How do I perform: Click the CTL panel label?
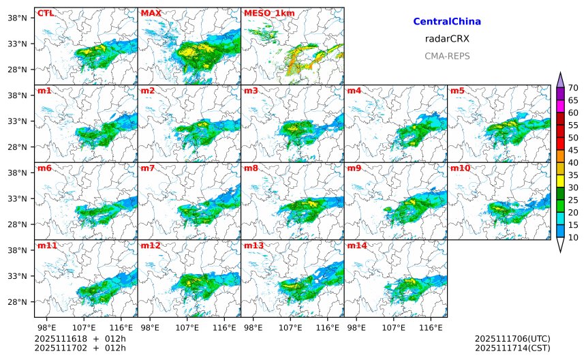tap(46, 13)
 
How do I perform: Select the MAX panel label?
tap(151, 13)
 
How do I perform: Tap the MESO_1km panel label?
tap(265, 13)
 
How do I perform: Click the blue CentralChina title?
tap(447, 22)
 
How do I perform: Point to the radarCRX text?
tap(447, 39)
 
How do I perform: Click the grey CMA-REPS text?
tap(447, 56)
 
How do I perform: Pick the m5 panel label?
tap(457, 91)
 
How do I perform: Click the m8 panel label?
tap(251, 168)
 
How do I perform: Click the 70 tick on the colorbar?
tap(573, 88)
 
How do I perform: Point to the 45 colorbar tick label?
tap(573, 150)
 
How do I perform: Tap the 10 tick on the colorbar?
tap(573, 237)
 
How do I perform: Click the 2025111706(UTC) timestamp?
tap(512, 339)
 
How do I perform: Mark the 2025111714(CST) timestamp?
tap(512, 348)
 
